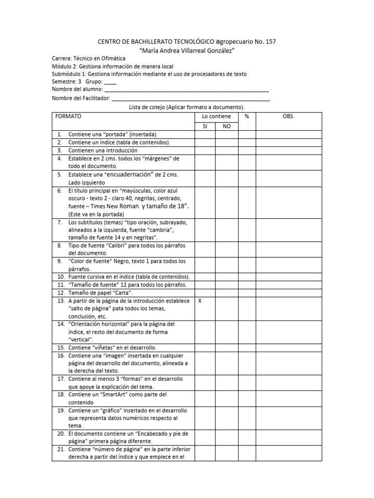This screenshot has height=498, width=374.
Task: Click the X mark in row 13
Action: [x=199, y=301]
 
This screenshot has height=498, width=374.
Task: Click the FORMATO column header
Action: [x=68, y=117]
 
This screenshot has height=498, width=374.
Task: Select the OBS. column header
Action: [x=288, y=117]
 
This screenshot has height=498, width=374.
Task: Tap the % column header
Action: [x=247, y=117]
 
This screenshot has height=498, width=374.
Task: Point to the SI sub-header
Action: [x=205, y=126]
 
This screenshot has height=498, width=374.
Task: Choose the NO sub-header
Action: [x=226, y=126]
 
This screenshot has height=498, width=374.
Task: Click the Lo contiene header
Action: [x=216, y=117]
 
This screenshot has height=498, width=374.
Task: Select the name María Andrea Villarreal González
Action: [x=187, y=51]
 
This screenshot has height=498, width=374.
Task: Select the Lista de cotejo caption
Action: [x=187, y=107]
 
